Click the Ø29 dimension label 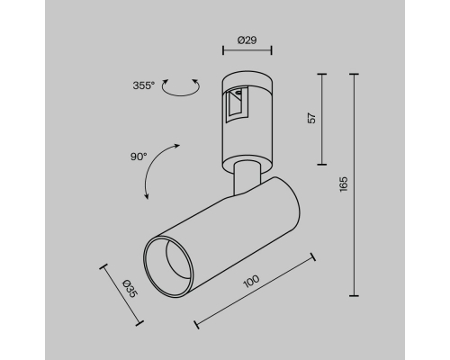pyautogui.click(x=247, y=40)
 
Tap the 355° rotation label pyautogui.click(x=144, y=85)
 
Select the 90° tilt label pyautogui.click(x=139, y=157)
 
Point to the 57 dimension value pyautogui.click(x=312, y=118)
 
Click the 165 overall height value pyautogui.click(x=344, y=184)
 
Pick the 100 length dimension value pyautogui.click(x=251, y=281)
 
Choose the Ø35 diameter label pyautogui.click(x=130, y=288)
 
